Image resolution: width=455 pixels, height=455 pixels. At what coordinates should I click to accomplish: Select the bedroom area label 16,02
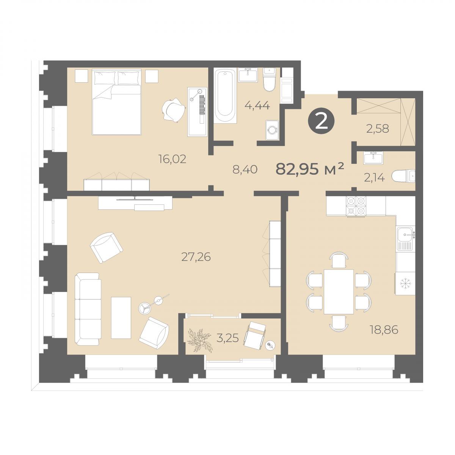click(x=173, y=159)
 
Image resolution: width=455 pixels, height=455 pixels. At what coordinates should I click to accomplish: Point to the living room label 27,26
click(x=196, y=257)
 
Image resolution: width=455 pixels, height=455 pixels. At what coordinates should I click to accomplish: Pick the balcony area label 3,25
click(x=227, y=338)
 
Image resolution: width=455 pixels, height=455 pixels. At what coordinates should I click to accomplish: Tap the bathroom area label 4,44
click(x=257, y=105)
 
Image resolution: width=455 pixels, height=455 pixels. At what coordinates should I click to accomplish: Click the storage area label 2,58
click(x=378, y=129)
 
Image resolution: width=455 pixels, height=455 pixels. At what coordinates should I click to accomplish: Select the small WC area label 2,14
click(x=375, y=178)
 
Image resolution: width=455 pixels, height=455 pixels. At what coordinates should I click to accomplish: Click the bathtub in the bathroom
click(x=225, y=96)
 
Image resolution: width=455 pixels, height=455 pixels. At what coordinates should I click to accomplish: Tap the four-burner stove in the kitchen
click(x=356, y=206)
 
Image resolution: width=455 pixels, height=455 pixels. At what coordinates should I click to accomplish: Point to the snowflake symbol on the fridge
click(x=406, y=282)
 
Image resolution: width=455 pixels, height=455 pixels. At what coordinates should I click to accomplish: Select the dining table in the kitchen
click(x=339, y=292)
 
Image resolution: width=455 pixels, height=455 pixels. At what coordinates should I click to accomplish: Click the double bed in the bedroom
click(x=117, y=102)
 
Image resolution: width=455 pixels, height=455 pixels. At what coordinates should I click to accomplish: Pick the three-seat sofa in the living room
click(x=88, y=309)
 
